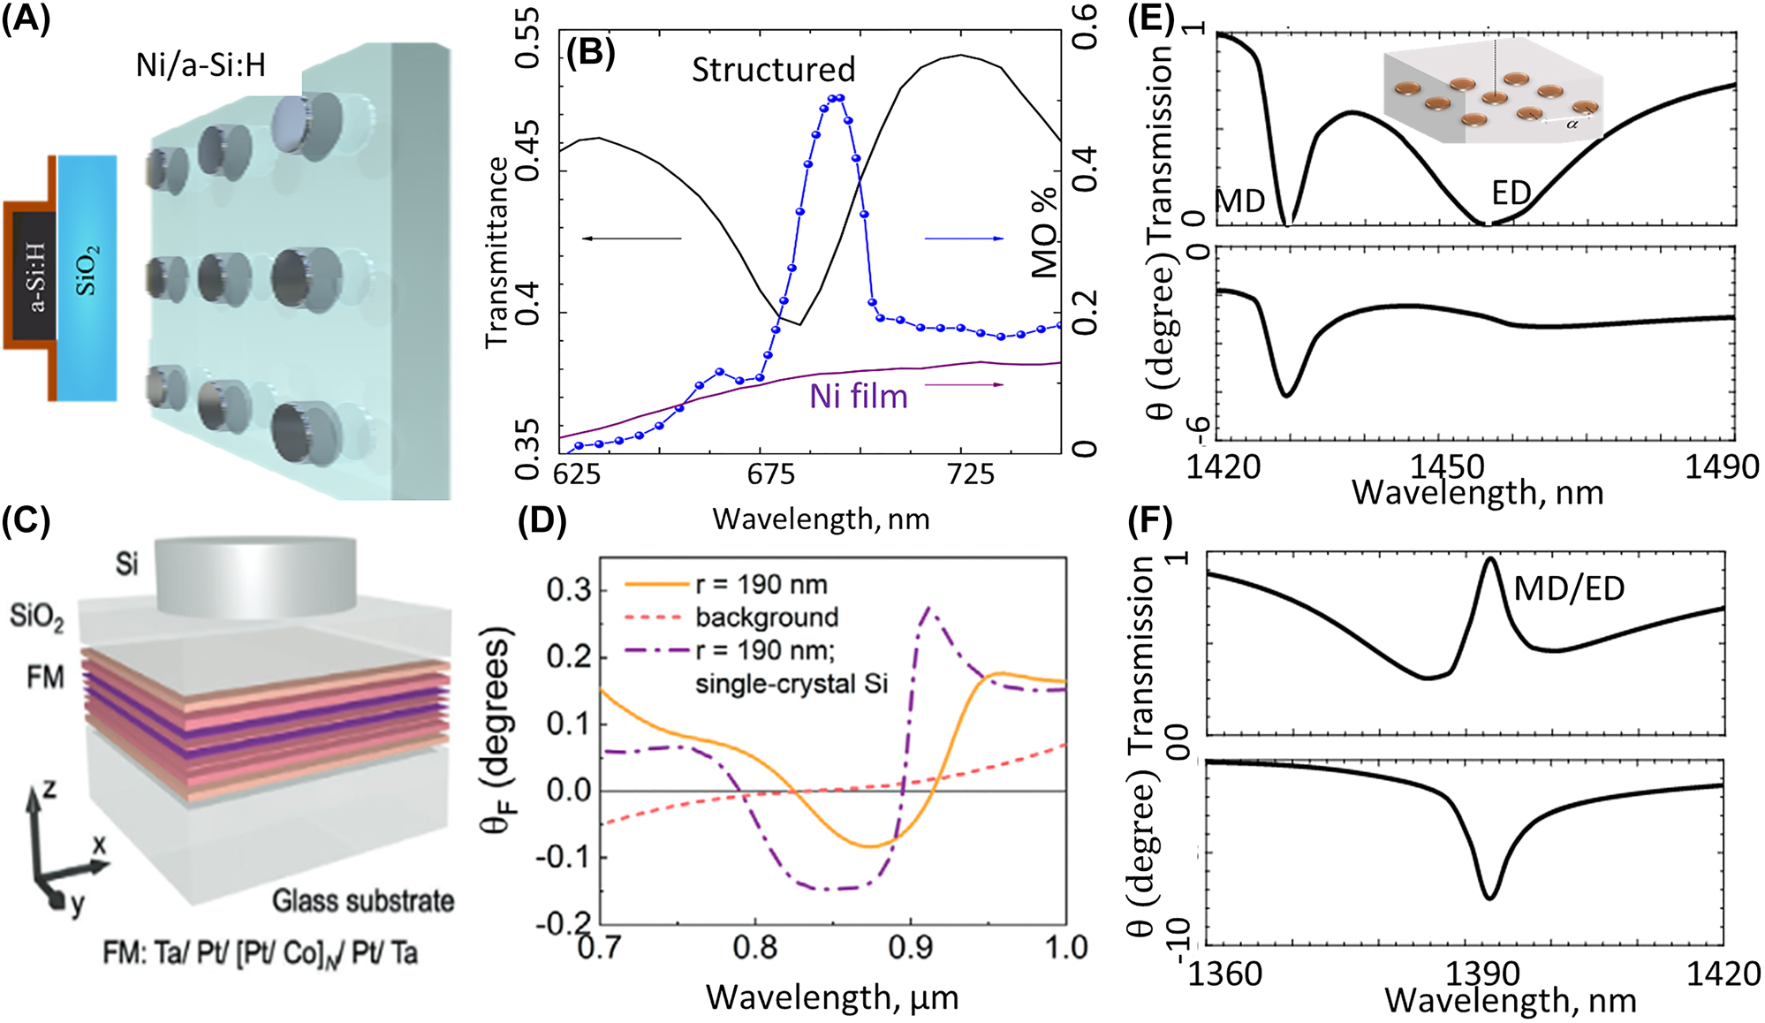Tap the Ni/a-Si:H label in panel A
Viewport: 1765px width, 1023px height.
[201, 65]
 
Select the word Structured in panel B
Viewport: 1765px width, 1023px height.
[773, 70]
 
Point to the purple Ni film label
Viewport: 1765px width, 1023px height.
[859, 397]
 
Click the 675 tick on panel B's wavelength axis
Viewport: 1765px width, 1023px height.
[771, 474]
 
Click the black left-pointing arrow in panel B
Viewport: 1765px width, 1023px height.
[632, 239]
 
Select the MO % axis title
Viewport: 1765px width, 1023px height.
[1045, 231]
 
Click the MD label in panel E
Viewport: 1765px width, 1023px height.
[1240, 201]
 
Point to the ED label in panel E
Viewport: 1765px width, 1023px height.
[1511, 193]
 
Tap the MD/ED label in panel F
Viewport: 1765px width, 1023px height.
[1569, 588]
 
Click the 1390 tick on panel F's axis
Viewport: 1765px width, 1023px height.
[1483, 974]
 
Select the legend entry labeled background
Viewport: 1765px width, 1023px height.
[767, 618]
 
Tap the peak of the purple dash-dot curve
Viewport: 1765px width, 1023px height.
[928, 608]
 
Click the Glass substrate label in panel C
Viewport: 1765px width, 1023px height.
[363, 901]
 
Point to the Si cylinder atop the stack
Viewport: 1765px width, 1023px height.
[256, 576]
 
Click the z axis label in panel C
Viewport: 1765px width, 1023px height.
[49, 788]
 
